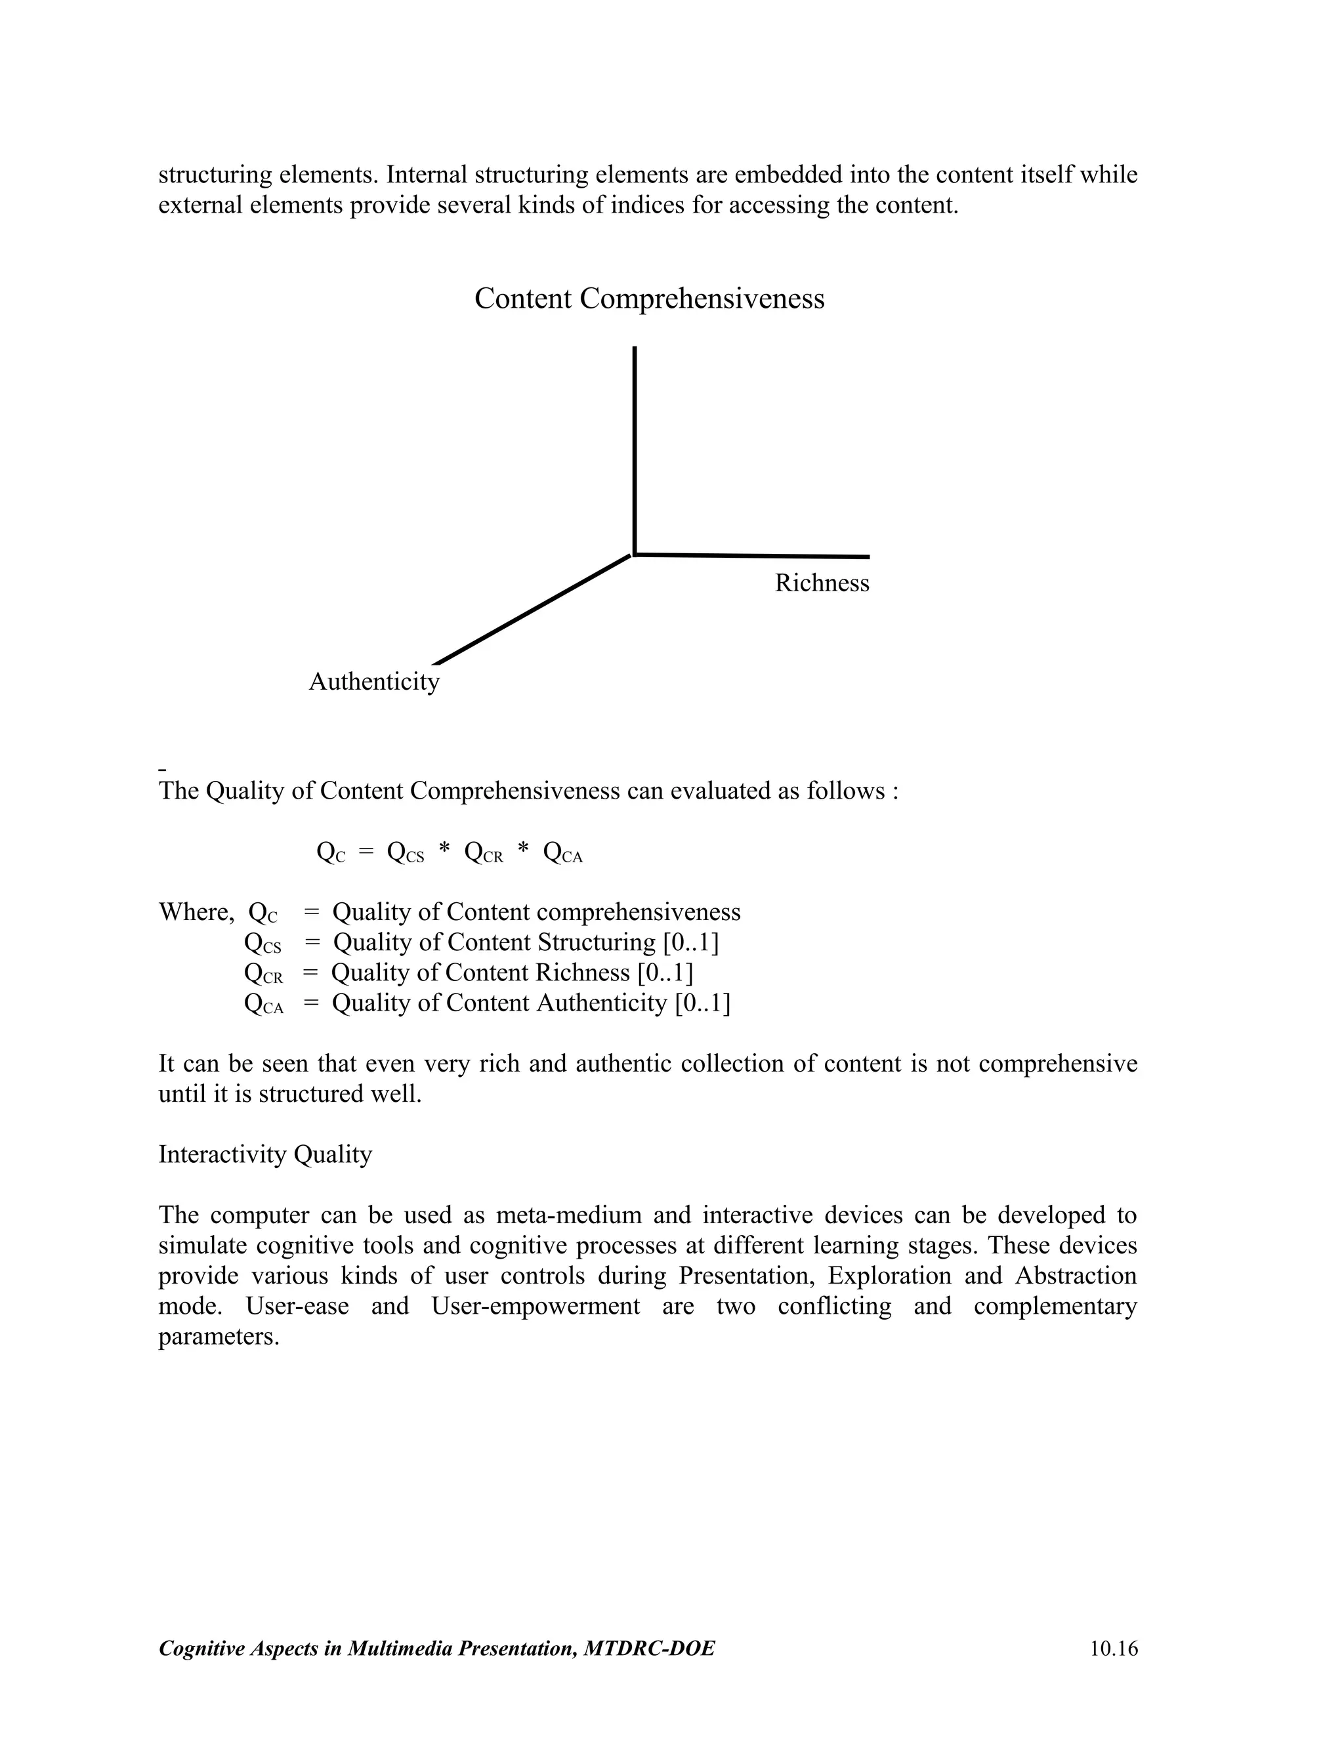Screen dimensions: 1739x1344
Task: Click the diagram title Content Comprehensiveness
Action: tap(649, 299)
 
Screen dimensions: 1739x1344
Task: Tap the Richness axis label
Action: tap(822, 583)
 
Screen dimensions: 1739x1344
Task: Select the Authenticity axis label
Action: tap(373, 682)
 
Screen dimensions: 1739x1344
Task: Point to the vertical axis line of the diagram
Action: tap(635, 446)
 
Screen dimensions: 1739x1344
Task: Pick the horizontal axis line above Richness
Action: tap(753, 556)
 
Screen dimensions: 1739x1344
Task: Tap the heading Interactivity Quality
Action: tap(265, 1154)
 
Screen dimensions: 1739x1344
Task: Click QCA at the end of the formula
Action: tap(562, 854)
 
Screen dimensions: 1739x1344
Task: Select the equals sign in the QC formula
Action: tap(366, 852)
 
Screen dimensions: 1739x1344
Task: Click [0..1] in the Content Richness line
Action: tap(665, 973)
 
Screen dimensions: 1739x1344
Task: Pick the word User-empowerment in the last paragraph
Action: tap(535, 1307)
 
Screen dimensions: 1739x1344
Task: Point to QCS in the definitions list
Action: tap(262, 944)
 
